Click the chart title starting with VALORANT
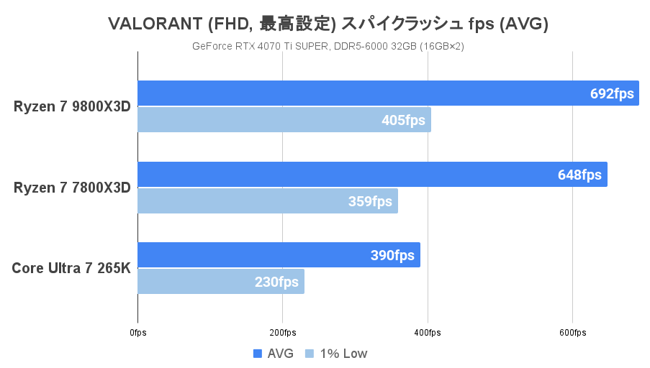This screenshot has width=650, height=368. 328,24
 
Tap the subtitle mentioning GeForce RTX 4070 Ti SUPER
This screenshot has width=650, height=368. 328,47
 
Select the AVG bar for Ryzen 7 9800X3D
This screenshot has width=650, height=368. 360,93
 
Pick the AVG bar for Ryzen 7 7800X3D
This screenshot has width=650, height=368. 346,175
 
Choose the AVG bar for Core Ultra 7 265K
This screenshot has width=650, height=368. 252,255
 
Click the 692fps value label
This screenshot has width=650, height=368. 611,93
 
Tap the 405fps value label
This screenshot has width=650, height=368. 403,120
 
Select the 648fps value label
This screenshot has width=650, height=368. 579,175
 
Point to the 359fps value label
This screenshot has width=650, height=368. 370,201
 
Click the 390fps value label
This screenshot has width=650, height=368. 392,255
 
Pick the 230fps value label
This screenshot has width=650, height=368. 276,282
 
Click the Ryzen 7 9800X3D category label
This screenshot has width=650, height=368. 72,107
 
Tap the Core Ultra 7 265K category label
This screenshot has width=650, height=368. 71,269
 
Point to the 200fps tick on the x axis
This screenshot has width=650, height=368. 282,332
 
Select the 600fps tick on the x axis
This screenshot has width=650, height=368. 572,332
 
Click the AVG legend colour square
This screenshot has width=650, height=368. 258,354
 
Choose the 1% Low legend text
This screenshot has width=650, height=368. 343,354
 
